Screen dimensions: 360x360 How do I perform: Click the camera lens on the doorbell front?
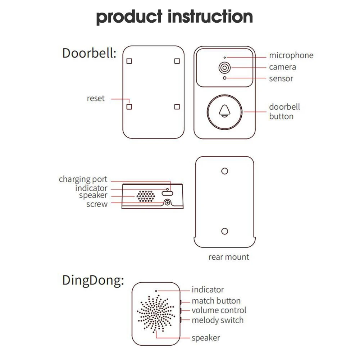[x=224, y=68]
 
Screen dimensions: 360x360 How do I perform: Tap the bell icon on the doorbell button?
[x=224, y=111]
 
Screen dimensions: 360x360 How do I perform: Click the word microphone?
[x=291, y=55]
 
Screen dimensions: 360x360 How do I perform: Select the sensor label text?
[x=281, y=79]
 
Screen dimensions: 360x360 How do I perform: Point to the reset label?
[x=96, y=98]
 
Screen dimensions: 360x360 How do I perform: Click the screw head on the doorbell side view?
[x=167, y=203]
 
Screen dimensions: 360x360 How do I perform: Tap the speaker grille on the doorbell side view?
[x=146, y=196]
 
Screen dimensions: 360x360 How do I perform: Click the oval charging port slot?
[x=167, y=193]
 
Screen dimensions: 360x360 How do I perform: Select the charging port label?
[x=83, y=179]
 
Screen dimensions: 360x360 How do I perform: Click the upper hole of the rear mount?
[x=224, y=171]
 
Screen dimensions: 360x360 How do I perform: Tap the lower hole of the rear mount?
[x=224, y=231]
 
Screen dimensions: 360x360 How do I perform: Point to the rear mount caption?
[x=229, y=257]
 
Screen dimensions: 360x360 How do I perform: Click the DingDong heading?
[x=93, y=280]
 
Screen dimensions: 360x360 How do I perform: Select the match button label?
[x=216, y=301]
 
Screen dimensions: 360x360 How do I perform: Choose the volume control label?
[x=219, y=310]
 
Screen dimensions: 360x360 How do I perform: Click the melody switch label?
[x=218, y=320]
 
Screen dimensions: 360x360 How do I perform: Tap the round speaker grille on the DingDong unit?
[x=156, y=314]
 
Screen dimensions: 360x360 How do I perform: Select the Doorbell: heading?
[x=89, y=53]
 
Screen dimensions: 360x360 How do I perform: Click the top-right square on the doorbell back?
[x=177, y=61]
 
